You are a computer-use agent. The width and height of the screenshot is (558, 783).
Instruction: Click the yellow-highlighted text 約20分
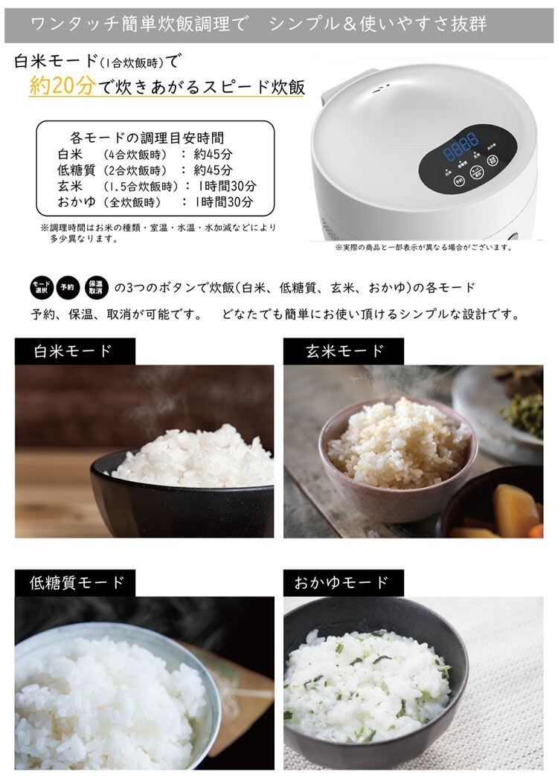[62, 86]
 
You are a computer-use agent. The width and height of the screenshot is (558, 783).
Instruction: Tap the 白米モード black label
[74, 351]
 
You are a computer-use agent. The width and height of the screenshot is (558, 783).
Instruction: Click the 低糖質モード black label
[74, 582]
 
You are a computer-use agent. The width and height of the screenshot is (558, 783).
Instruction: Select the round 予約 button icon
[68, 287]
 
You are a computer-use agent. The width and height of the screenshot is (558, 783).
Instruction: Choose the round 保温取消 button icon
[96, 287]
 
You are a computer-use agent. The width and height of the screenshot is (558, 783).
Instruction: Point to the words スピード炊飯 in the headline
[261, 87]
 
